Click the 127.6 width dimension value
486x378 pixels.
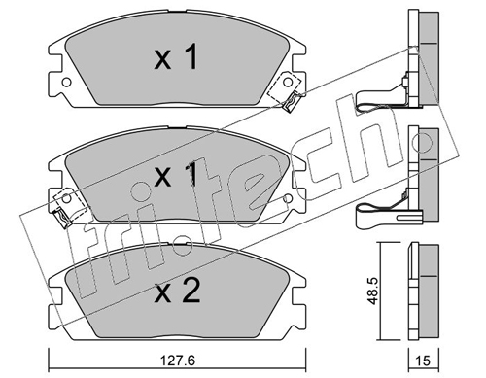click(178, 361)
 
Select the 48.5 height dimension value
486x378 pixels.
click(373, 291)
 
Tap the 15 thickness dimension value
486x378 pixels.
click(423, 361)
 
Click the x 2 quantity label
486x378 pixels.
click(177, 292)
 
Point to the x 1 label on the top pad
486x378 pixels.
click(176, 57)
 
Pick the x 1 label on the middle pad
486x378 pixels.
click(176, 175)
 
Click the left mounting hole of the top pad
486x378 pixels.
click(66, 82)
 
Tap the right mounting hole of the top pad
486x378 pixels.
click(287, 82)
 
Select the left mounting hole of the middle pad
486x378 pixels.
click(66, 198)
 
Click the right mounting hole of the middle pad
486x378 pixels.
click(287, 198)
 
